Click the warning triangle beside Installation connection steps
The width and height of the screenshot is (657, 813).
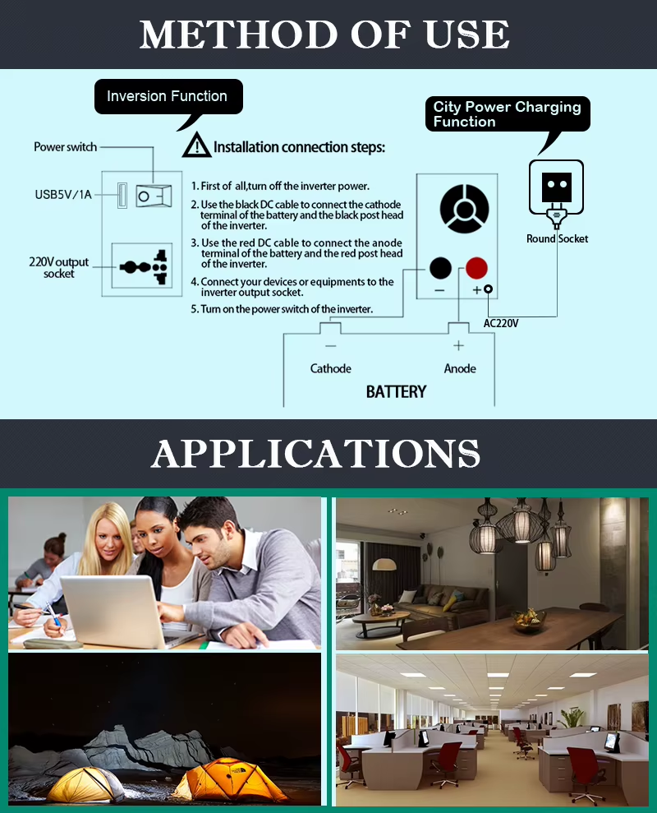[196, 146]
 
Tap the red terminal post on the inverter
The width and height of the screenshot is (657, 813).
[476, 268]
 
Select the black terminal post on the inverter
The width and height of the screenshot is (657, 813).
[440, 268]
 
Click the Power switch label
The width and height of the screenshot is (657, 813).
[65, 146]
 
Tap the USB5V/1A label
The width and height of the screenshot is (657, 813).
[63, 195]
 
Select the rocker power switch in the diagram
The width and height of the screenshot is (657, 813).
[154, 196]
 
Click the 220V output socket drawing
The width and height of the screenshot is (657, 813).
[143, 266]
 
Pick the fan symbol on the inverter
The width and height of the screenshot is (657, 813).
[464, 209]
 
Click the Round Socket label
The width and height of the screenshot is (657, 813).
[557, 238]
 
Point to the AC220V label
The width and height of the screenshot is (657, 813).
[501, 323]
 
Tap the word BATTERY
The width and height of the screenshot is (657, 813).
[397, 391]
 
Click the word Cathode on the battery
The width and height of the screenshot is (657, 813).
[331, 368]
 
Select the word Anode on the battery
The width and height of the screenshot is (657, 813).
[460, 368]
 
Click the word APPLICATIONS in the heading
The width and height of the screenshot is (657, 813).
[316, 454]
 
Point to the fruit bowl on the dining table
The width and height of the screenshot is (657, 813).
[529, 618]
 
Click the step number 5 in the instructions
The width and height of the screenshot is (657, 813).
[194, 309]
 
